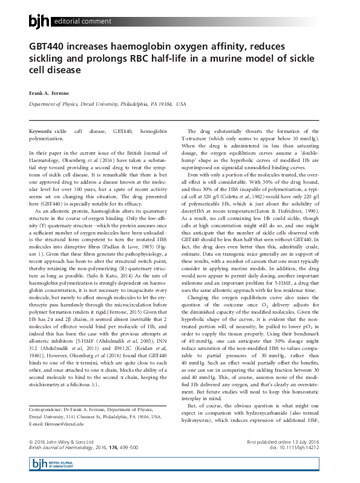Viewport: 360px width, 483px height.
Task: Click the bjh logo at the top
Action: pos(40,22)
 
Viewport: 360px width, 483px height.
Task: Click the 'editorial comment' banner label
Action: pos(81,22)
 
